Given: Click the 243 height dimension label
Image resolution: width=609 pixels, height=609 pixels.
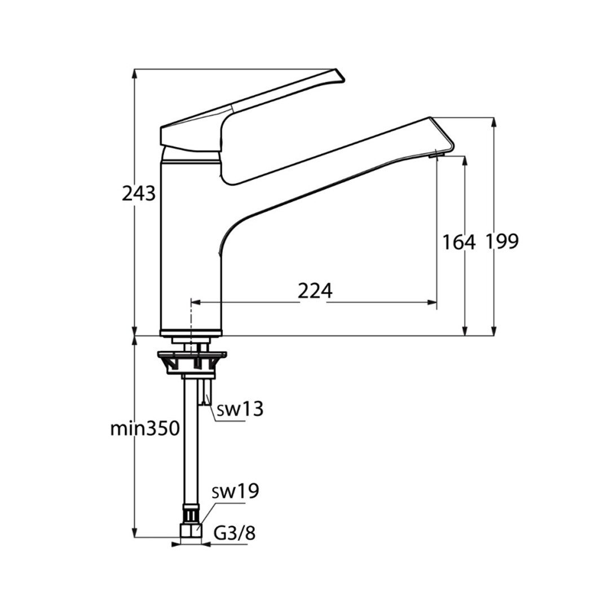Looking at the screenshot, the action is (139, 193).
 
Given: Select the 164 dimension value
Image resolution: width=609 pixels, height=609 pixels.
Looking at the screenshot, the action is (459, 242).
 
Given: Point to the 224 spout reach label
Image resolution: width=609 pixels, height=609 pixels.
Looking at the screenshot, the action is (315, 290).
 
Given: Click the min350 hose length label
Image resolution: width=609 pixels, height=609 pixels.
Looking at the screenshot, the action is (145, 429).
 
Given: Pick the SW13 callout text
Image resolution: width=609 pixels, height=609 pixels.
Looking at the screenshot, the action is (240, 409).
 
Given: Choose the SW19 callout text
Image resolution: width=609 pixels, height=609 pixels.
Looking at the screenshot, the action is (235, 491).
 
